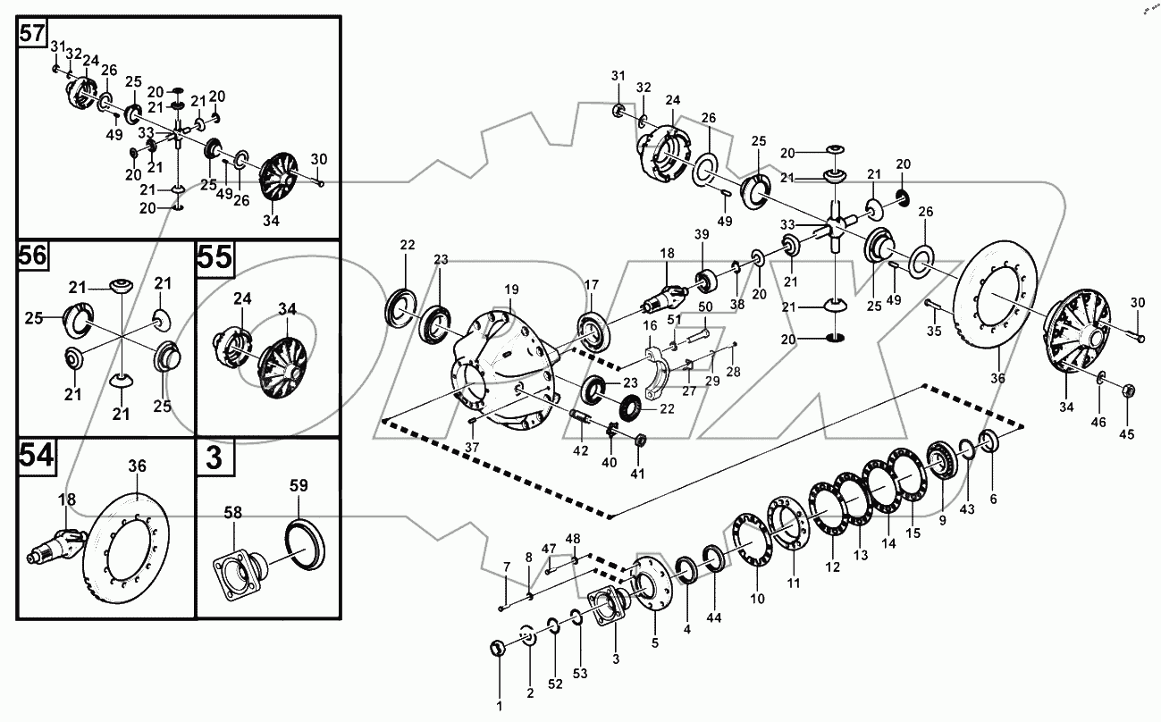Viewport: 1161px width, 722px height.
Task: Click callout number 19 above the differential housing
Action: coord(510,290)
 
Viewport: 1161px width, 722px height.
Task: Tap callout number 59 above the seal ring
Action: coord(299,487)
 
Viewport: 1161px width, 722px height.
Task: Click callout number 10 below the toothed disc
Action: coord(758,599)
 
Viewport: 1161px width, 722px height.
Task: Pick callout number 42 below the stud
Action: coord(581,450)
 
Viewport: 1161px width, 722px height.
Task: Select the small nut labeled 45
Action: coord(1128,390)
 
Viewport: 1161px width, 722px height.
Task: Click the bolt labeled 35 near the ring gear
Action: coord(931,307)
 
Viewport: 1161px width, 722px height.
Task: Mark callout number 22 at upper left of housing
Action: coord(408,245)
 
